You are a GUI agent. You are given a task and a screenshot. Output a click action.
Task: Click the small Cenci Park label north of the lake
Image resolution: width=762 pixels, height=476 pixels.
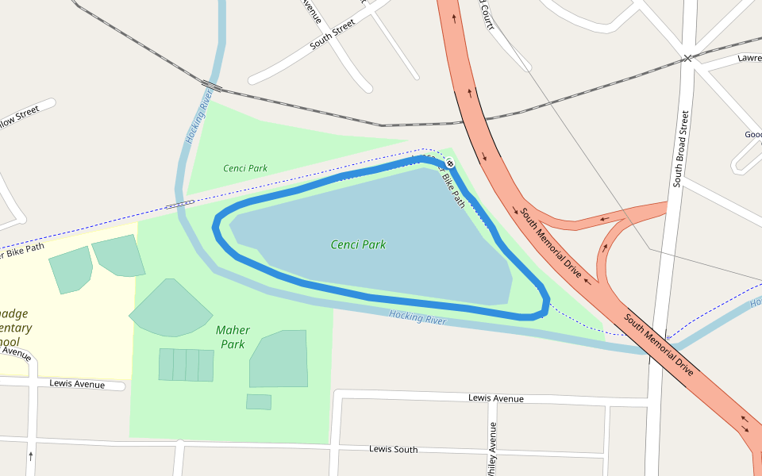[x=245, y=168]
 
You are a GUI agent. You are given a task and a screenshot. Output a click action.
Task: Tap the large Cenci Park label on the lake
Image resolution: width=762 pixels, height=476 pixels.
[x=358, y=244]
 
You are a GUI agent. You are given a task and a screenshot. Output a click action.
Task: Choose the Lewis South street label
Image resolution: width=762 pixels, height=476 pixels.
[x=393, y=450]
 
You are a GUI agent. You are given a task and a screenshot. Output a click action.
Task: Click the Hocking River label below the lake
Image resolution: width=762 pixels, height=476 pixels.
[x=418, y=317]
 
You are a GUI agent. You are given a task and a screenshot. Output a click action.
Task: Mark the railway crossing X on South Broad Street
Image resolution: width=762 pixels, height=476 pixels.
[x=687, y=58]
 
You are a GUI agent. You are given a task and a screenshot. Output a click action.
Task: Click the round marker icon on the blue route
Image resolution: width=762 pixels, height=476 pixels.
[x=449, y=163]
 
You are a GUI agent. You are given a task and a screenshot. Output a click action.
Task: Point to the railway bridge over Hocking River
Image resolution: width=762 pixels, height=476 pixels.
[x=211, y=85]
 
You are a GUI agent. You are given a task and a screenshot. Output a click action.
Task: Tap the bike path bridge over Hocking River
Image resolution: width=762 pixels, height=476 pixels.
[x=179, y=204]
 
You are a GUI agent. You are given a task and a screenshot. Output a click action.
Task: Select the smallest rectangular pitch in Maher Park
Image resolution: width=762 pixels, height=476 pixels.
[x=258, y=401]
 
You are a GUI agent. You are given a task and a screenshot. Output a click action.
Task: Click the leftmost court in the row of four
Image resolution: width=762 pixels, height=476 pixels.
[x=166, y=364]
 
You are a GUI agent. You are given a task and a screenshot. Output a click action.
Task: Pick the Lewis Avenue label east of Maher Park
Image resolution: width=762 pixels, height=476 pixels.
[x=496, y=398]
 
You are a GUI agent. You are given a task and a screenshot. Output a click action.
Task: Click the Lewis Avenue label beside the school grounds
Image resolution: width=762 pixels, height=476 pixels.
[x=77, y=384]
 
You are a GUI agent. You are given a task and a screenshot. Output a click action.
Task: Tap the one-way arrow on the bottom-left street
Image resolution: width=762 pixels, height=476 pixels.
[x=30, y=456]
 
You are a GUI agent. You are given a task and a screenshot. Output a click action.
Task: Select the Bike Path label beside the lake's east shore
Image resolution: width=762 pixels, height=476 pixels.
[x=453, y=188]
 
